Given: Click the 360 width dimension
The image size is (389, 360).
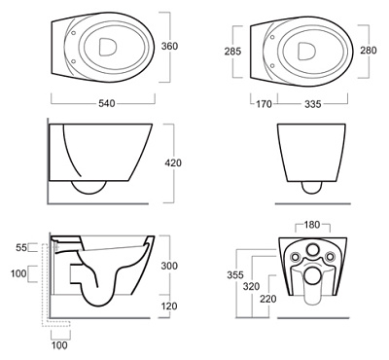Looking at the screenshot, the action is tap(169, 46).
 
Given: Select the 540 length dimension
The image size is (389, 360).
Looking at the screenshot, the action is tap(107, 103).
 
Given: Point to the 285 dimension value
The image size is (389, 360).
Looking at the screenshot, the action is tap(232, 52).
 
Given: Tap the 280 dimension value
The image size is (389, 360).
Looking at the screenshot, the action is tap(369, 51).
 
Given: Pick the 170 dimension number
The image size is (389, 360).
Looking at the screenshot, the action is tap(264, 104).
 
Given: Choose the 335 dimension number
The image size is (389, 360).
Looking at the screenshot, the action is tap(313, 104).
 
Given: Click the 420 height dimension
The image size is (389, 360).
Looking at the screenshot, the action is tap(173, 162).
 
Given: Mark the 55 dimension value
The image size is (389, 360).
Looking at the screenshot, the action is tap(21, 248).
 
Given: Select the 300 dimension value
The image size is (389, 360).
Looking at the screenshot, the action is tap(169, 266).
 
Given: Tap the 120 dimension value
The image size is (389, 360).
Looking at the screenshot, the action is tap(169, 306).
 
